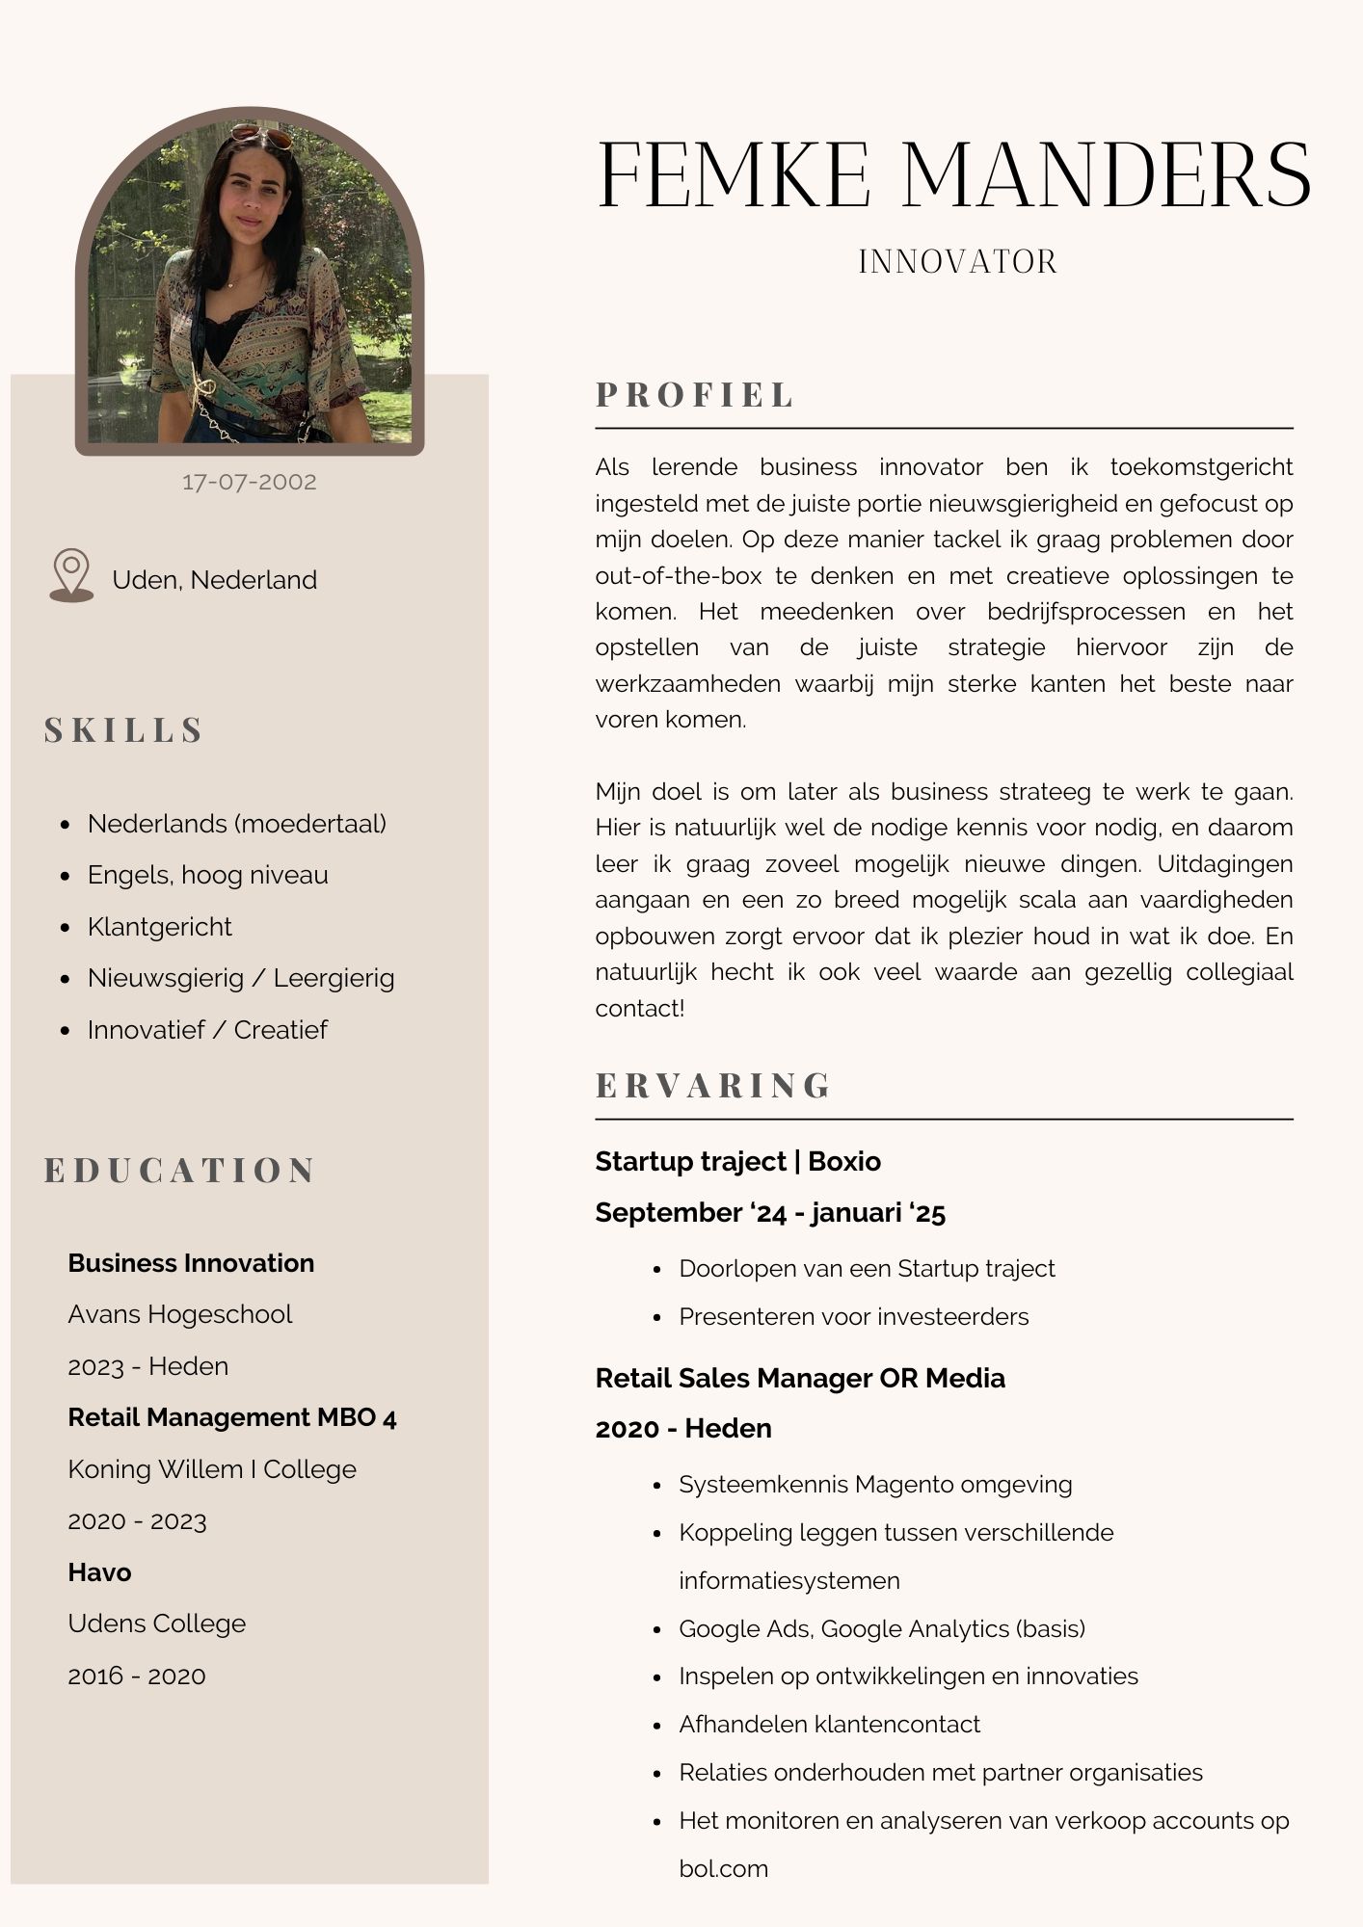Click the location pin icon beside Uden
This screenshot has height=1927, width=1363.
coord(71,575)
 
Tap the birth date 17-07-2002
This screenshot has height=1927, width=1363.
coord(250,482)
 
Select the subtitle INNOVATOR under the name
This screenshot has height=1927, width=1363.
coord(958,262)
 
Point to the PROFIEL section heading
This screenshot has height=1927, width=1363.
coord(695,395)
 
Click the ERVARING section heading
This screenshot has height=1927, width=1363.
coord(713,1086)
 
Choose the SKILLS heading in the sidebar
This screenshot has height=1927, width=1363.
coord(124,730)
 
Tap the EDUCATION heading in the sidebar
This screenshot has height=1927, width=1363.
coord(180,1171)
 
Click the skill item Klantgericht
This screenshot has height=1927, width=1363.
coord(160,927)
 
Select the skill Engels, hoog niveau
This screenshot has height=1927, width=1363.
coord(208,875)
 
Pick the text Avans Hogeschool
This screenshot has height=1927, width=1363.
coord(180,1314)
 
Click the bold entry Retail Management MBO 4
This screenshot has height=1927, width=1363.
coord(232,1417)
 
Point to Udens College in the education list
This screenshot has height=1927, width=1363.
coord(157,1623)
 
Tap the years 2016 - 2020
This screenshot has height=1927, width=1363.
coord(137,1676)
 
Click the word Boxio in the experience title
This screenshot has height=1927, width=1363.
coord(844,1161)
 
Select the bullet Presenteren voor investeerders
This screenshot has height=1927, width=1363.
coord(854,1316)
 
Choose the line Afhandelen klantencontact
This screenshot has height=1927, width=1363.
coord(830,1725)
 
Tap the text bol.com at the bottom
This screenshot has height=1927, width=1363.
coord(724,1869)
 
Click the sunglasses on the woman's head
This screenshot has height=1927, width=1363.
coord(261,134)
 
